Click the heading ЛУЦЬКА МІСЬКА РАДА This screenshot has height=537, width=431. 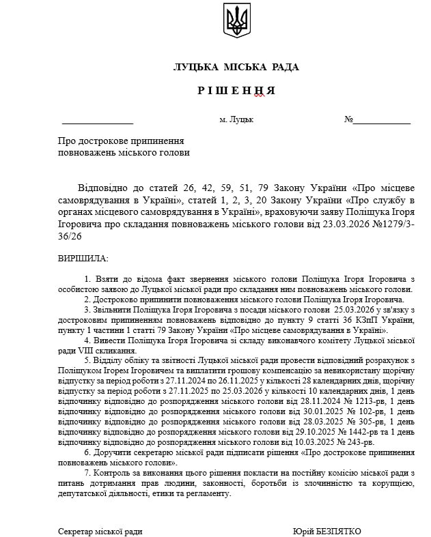point(236,67)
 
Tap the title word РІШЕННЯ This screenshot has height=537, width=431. point(236,91)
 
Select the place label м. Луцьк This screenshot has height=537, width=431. point(236,119)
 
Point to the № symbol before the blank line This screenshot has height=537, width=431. point(349,119)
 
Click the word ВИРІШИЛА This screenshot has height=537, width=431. point(83,259)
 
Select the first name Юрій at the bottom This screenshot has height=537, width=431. point(304,531)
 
